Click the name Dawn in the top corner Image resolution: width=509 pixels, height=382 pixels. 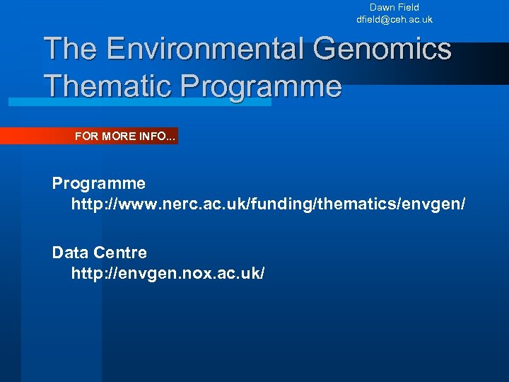coord(382,7)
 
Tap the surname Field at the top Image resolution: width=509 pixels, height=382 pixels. coord(409,7)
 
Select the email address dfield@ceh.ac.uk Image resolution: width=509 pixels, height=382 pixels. coord(394,20)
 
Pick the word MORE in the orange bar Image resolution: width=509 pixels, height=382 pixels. coord(119,136)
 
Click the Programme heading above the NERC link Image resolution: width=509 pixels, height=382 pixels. coord(99,184)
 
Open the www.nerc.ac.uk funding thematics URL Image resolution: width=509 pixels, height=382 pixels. coord(269,204)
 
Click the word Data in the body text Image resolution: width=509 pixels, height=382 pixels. coord(68,253)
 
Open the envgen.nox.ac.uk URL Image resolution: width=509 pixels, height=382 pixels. coord(168,273)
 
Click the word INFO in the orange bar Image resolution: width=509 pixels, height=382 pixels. coord(159,136)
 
